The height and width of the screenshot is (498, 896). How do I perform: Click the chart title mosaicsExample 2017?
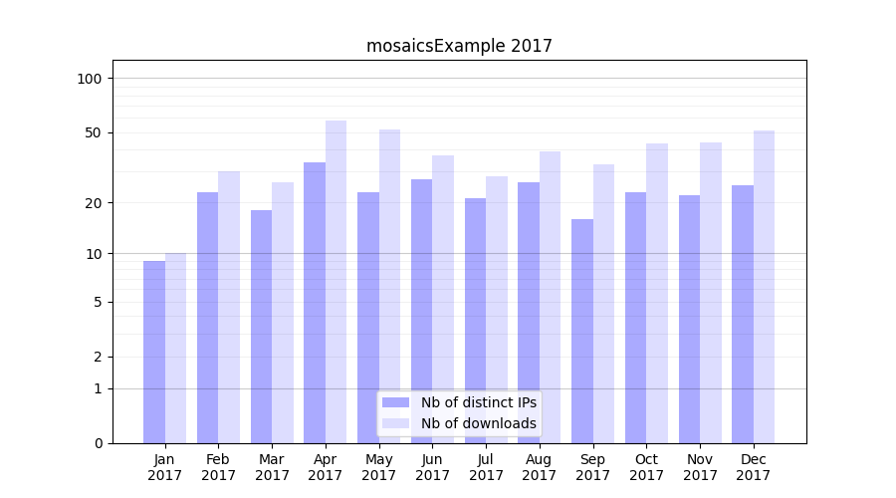tap(459, 46)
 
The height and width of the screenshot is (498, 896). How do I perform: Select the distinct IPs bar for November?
tap(689, 319)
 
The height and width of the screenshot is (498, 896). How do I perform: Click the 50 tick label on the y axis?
tap(94, 132)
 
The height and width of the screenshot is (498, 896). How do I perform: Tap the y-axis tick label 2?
tap(98, 357)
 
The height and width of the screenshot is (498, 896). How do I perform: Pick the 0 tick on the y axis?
tap(98, 443)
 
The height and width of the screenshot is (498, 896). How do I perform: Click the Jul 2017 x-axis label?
tap(486, 467)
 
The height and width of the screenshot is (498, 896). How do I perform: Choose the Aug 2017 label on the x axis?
tap(540, 467)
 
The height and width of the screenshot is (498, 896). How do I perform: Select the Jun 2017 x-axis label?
tap(432, 467)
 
